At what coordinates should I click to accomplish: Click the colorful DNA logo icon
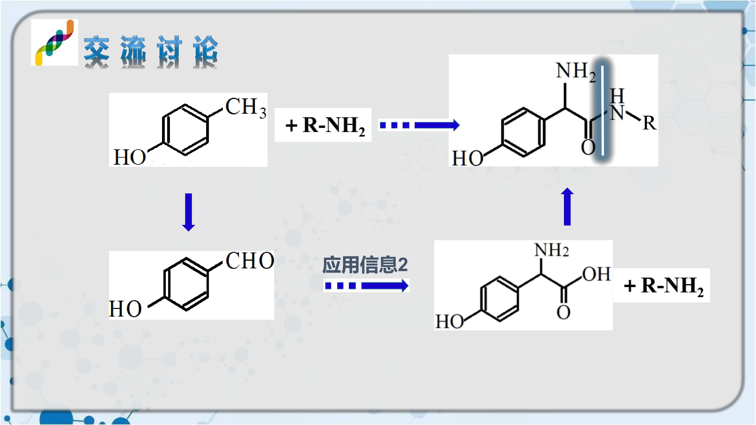click(x=55, y=42)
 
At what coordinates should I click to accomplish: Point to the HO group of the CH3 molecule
click(x=130, y=157)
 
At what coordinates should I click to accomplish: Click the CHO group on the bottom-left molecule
click(x=250, y=261)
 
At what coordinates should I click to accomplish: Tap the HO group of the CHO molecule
click(x=125, y=309)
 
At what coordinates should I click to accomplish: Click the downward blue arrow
click(x=188, y=212)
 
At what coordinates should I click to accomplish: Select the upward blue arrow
click(x=567, y=206)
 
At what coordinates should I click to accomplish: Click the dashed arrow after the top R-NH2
click(x=420, y=125)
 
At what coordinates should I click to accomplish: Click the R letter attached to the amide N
click(x=649, y=123)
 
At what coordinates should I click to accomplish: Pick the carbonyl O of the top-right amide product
click(x=588, y=147)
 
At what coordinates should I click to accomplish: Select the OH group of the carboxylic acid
click(x=596, y=274)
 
